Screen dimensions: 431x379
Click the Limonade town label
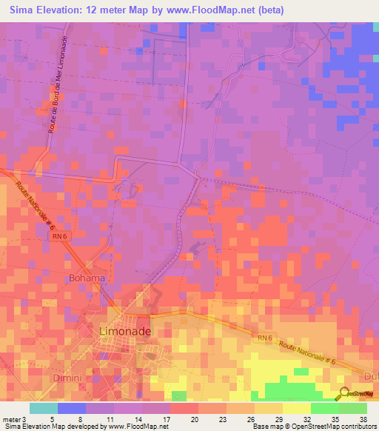pos(125,330)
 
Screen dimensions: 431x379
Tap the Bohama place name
pos(87,278)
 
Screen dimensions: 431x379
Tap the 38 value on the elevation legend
pos(363,418)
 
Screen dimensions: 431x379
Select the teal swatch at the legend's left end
pos(43,408)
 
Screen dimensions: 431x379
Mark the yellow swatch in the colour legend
pos(296,408)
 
